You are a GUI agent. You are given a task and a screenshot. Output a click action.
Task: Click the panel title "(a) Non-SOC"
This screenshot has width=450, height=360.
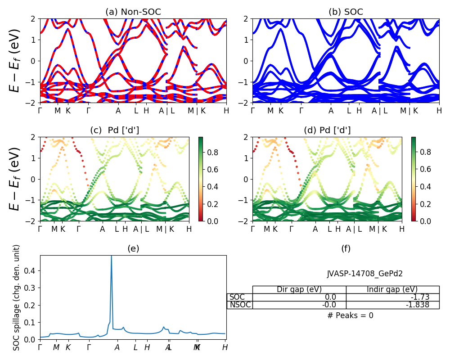tap(133, 12)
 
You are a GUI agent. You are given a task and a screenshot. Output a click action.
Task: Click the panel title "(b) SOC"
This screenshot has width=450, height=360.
tap(346, 12)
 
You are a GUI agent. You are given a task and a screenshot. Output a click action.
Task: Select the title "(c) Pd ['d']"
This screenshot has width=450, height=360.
tap(114, 130)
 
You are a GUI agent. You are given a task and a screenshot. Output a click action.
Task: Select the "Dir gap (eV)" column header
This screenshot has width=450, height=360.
tap(299, 289)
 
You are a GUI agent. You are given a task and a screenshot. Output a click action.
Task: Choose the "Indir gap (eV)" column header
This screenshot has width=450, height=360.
tap(392, 289)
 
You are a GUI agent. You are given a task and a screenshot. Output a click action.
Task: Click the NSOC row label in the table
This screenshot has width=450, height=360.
tap(239, 305)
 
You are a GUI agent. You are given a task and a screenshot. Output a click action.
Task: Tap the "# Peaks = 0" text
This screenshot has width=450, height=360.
tap(350, 315)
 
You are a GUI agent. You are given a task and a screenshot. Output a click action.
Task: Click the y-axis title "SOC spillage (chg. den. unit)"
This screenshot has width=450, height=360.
tap(17, 297)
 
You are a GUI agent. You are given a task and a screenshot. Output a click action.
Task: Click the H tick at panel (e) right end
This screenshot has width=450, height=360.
tap(225, 347)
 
